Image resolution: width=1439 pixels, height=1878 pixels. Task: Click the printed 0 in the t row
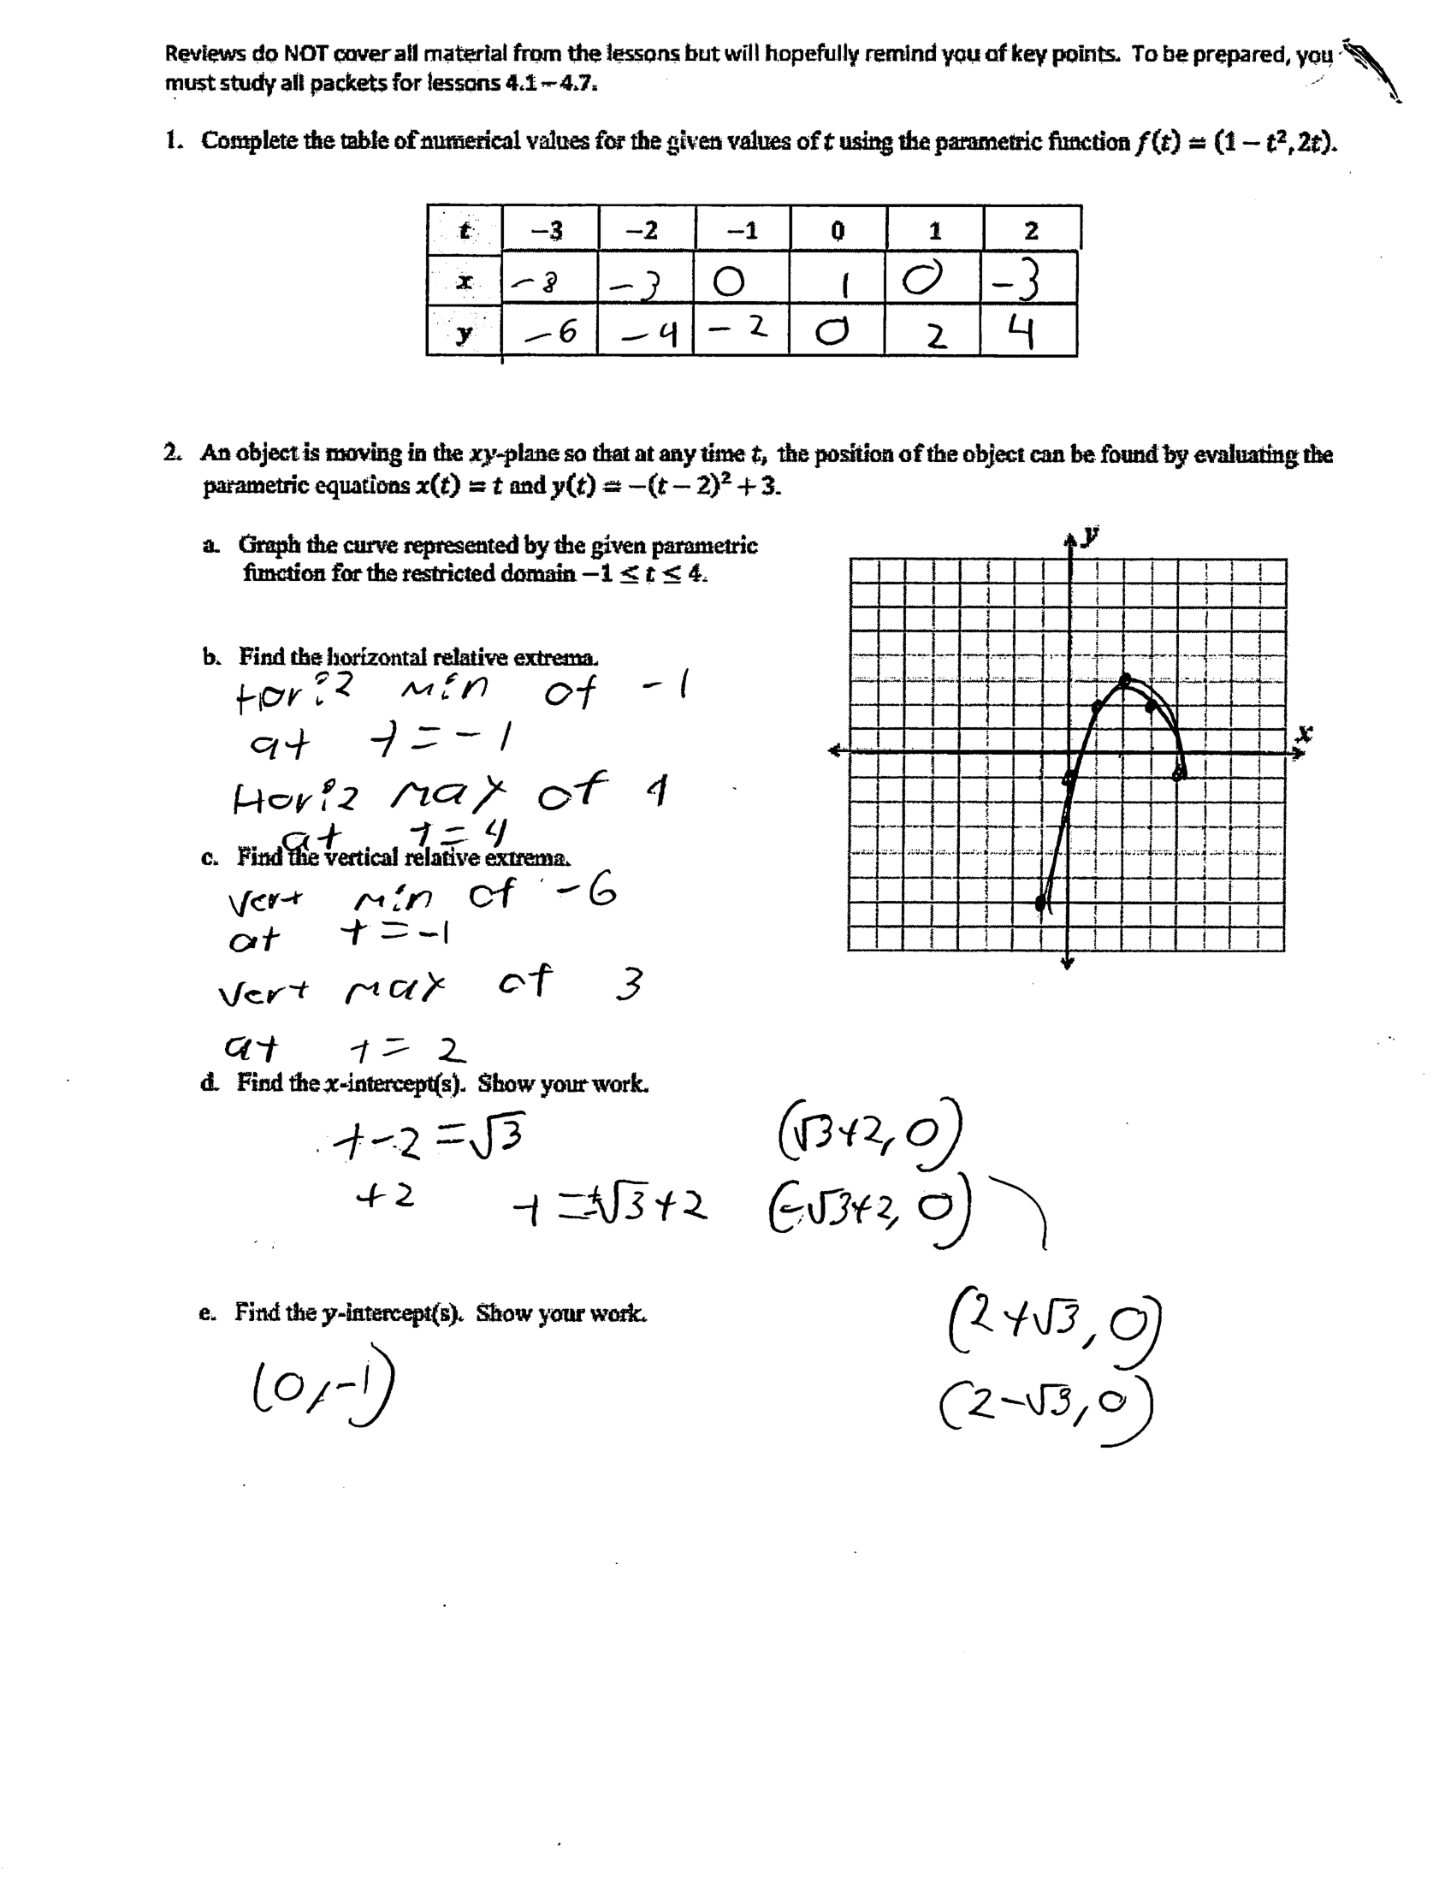pos(838,230)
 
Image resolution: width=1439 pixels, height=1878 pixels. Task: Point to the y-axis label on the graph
pos(1090,536)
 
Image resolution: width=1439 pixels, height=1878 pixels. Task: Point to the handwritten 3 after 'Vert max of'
pos(630,985)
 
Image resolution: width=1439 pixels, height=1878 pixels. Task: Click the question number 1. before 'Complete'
pos(175,141)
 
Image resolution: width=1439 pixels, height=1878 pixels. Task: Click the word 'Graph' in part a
pos(268,545)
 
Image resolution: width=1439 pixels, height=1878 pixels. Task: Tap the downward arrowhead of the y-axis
pos(1067,963)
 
